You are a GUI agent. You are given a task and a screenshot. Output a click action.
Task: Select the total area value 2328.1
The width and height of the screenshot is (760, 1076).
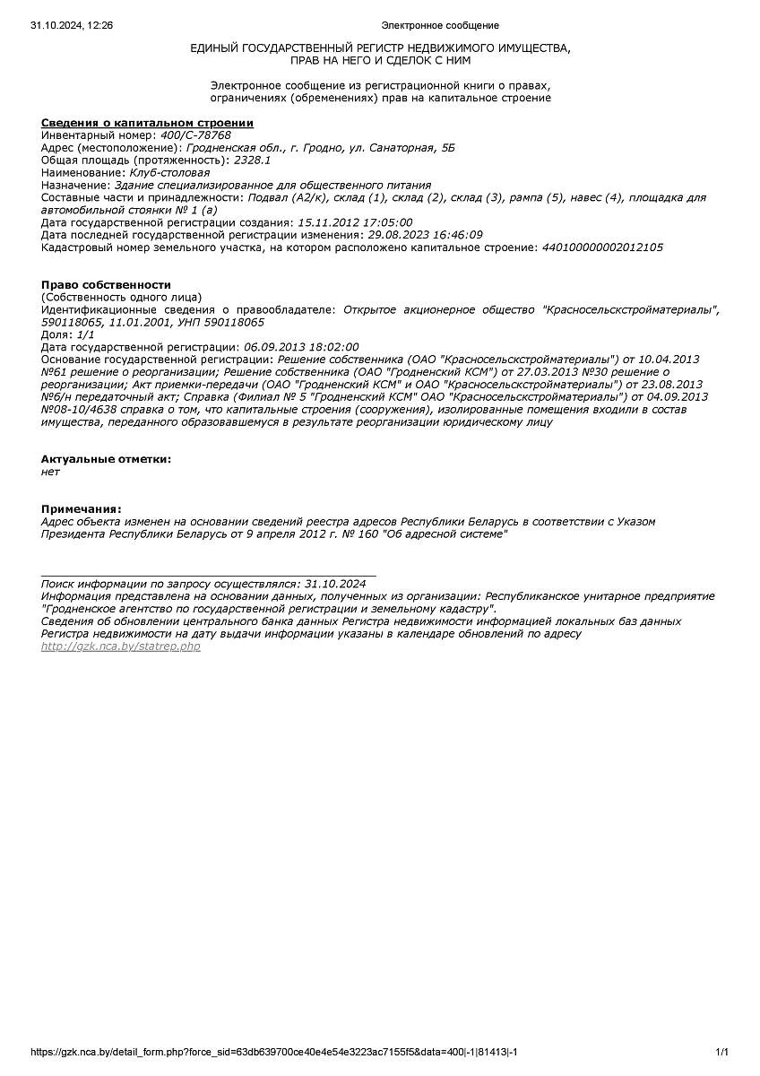pyautogui.click(x=252, y=161)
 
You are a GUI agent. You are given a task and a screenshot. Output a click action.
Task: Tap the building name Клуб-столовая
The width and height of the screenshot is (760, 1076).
pyautogui.click(x=169, y=173)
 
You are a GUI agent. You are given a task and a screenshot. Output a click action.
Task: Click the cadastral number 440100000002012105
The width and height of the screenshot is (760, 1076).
pyautogui.click(x=602, y=247)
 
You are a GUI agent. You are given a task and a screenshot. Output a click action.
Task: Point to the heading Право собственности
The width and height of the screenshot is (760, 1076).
pyautogui.click(x=106, y=285)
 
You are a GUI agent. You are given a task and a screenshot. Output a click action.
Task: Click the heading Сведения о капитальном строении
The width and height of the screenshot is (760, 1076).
pyautogui.click(x=147, y=123)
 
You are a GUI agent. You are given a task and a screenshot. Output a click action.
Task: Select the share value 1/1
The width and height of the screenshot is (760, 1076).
pyautogui.click(x=86, y=334)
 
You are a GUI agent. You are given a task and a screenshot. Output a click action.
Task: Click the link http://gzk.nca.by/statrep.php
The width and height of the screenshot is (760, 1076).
pyautogui.click(x=121, y=646)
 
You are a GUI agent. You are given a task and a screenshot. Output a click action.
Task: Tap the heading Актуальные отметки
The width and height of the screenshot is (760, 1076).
pyautogui.click(x=106, y=459)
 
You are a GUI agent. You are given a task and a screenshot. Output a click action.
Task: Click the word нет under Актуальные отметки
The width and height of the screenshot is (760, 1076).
pyautogui.click(x=50, y=472)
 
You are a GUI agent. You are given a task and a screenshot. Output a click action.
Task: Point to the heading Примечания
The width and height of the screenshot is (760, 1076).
pyautogui.click(x=81, y=508)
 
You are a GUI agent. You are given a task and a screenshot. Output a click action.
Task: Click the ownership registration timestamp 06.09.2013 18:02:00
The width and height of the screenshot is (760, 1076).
pyautogui.click(x=300, y=347)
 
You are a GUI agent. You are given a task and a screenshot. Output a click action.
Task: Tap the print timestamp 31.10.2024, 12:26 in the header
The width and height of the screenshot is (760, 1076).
pyautogui.click(x=72, y=26)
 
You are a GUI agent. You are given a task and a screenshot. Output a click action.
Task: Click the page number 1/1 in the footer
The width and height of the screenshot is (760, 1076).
pyautogui.click(x=721, y=1052)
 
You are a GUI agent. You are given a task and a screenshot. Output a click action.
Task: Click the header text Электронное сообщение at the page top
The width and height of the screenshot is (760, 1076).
pyautogui.click(x=440, y=26)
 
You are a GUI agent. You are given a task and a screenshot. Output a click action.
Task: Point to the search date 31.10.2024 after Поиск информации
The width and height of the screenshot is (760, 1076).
pyautogui.click(x=335, y=583)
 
